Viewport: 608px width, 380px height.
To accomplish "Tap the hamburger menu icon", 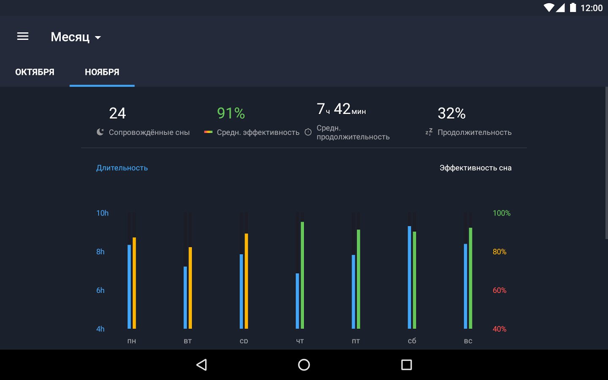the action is (23, 36).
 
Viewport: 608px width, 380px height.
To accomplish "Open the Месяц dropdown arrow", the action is (98, 38).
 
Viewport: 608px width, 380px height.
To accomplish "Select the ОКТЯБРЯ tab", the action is (35, 72).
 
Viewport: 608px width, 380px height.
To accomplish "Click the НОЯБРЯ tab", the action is (102, 72).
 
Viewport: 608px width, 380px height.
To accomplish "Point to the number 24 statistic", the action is (117, 113).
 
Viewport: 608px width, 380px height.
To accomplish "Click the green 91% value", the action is (231, 113).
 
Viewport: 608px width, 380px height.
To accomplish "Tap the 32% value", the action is (452, 113).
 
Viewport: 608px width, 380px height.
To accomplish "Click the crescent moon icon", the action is (100, 132).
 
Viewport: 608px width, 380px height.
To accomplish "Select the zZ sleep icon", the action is (429, 132).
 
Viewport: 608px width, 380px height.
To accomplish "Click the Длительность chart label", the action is (122, 168).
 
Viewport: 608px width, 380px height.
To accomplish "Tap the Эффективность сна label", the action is (475, 168).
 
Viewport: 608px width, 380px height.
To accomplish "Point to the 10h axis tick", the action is (102, 213).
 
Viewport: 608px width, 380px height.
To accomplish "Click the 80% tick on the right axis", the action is (499, 252).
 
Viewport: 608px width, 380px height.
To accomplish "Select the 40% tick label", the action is (499, 329).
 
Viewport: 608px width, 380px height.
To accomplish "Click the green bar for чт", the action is (302, 275).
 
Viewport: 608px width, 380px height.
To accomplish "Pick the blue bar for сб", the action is (409, 277).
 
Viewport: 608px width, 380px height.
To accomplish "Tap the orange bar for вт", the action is (190, 288).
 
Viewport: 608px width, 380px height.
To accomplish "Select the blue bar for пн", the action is (129, 287).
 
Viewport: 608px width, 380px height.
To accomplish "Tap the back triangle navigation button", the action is (202, 365).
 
